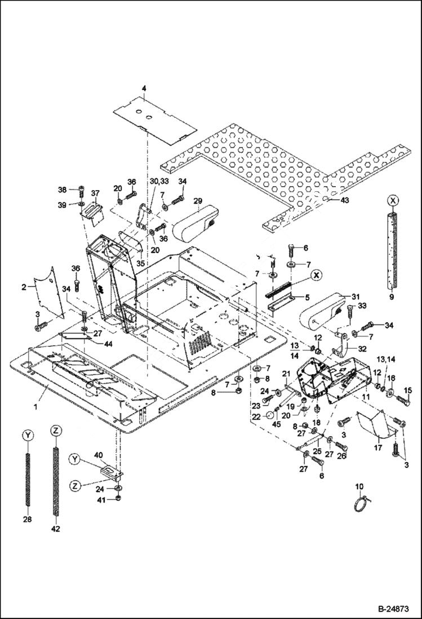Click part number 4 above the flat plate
144,89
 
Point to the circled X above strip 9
393,200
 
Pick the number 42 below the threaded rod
55,529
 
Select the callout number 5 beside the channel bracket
308,296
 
